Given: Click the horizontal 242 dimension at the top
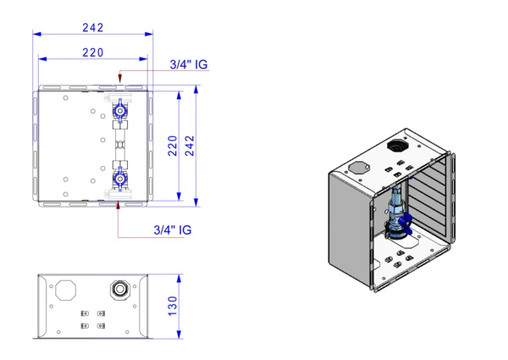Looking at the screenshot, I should pos(93,27).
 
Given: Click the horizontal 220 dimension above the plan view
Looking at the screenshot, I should pos(93,53).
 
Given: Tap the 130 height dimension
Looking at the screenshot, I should pos(172,305).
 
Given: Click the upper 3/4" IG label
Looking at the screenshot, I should pos(188,64).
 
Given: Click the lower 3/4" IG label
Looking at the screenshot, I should pos(173,230).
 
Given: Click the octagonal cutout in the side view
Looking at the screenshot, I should pos(65,291).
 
